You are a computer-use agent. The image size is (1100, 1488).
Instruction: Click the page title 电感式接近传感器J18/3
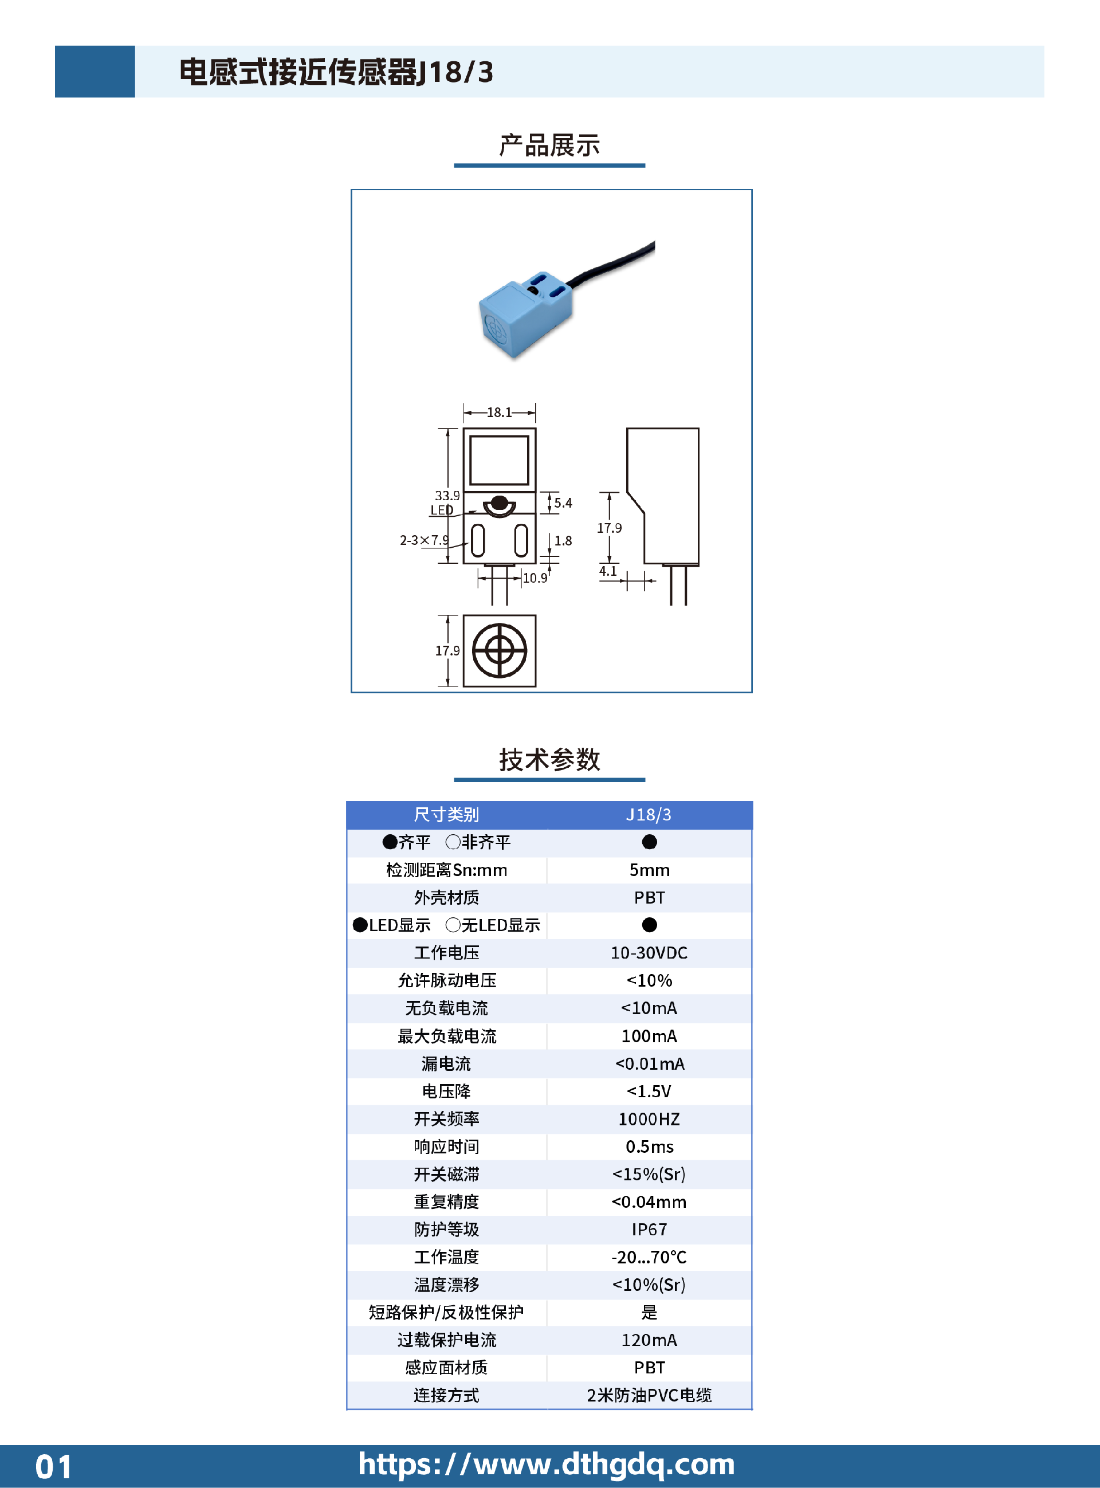point(336,72)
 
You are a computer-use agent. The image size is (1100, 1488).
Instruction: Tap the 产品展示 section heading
point(549,145)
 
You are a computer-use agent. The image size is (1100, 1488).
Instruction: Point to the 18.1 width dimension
point(500,412)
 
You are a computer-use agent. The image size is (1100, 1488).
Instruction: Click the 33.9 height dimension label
point(447,496)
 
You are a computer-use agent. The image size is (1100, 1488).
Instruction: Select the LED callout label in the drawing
point(442,510)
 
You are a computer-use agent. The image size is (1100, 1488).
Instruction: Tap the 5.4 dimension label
point(563,502)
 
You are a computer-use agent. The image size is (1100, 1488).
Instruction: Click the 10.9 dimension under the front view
point(535,577)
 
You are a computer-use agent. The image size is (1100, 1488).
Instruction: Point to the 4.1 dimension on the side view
point(608,571)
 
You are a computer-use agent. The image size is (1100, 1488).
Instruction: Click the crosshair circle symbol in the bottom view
point(500,650)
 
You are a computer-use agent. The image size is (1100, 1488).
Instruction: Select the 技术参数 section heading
point(549,760)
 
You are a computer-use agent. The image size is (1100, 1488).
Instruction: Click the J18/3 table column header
point(649,814)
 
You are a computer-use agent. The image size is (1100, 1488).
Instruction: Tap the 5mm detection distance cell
point(649,870)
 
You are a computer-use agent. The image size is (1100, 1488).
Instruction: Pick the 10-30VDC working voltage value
point(649,953)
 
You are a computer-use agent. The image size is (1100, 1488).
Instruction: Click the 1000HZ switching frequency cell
point(649,1118)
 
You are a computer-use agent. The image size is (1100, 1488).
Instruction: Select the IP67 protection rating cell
point(649,1229)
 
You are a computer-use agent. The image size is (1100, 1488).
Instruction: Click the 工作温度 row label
point(446,1257)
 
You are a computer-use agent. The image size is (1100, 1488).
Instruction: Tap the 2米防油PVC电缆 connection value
point(649,1395)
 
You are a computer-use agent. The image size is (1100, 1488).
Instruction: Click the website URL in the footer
point(547,1464)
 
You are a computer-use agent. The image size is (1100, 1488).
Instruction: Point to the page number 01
point(53,1467)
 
